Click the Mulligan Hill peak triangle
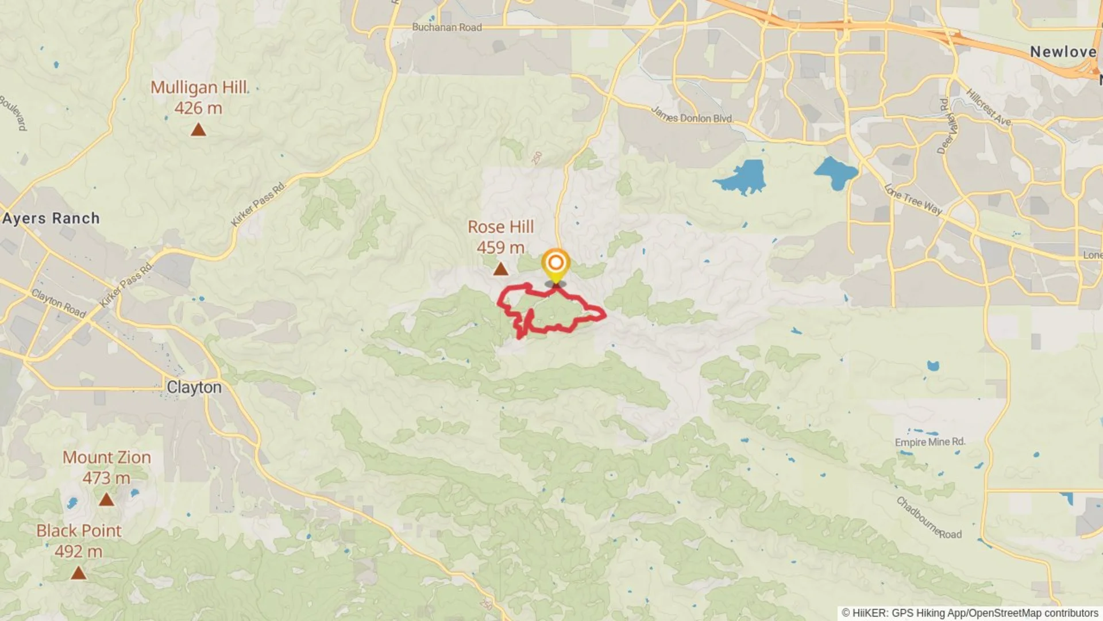(198, 131)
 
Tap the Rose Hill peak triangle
(500, 269)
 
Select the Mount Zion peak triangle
(106, 500)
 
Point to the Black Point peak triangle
(78, 573)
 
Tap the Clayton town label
(194, 387)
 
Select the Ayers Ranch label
(51, 218)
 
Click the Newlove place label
(1063, 52)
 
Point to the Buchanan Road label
(446, 27)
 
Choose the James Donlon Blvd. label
(692, 116)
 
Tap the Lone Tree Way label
(913, 199)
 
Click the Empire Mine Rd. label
(930, 442)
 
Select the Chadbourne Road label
(928, 518)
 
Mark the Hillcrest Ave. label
(988, 107)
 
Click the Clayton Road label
(58, 302)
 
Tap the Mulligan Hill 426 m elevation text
(198, 108)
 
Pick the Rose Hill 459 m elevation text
(500, 247)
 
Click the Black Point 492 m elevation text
(78, 551)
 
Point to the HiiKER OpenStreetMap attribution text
(970, 613)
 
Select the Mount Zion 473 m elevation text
(106, 478)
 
